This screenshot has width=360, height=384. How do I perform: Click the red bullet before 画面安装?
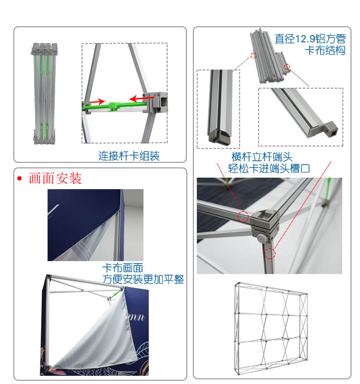20,179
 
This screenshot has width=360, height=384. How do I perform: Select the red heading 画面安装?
55,179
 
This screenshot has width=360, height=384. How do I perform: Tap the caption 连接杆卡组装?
129,156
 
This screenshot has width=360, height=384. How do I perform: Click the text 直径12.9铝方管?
310,38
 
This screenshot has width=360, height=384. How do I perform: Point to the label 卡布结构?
325,50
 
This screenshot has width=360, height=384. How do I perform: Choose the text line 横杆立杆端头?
262,157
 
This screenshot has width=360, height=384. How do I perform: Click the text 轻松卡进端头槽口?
262,168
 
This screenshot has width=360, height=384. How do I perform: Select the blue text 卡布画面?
122,268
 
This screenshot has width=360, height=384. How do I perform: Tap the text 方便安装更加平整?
143,279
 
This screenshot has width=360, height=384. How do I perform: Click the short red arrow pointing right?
98,101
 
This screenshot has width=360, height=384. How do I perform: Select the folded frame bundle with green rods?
42,94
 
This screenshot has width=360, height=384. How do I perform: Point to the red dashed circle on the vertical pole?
270,253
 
